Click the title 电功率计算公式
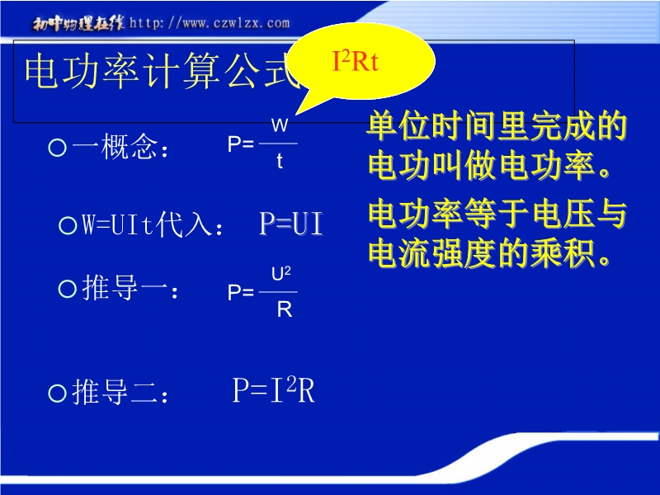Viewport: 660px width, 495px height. pyautogui.click(x=162, y=71)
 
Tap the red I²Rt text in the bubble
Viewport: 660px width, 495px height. pyautogui.click(x=356, y=61)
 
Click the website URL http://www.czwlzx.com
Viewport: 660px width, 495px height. pyautogui.click(x=210, y=23)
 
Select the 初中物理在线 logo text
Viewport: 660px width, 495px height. pyautogui.click(x=78, y=24)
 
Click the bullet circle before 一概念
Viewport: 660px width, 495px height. pyautogui.click(x=57, y=148)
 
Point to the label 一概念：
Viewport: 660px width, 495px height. pyautogui.click(x=120, y=147)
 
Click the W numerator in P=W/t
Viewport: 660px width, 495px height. pyautogui.click(x=280, y=125)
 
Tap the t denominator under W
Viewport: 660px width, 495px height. pyautogui.click(x=280, y=161)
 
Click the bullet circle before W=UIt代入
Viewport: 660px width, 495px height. pyautogui.click(x=68, y=225)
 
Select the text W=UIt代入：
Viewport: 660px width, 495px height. pyautogui.click(x=152, y=224)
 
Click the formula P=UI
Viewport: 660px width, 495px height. pyautogui.click(x=291, y=224)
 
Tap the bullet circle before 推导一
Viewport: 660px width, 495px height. pyautogui.click(x=68, y=290)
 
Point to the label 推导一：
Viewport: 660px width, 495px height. pyautogui.click(x=130, y=288)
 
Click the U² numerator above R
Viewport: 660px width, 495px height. pyautogui.click(x=281, y=274)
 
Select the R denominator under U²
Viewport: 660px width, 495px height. pyautogui.click(x=285, y=310)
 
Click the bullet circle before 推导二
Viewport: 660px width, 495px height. pyautogui.click(x=57, y=394)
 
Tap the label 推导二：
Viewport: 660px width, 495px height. pyautogui.click(x=120, y=393)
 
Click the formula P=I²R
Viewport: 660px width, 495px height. pyautogui.click(x=274, y=390)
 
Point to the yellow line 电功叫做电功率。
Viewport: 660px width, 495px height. pyautogui.click(x=490, y=166)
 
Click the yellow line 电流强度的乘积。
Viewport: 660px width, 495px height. pyautogui.click(x=490, y=254)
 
